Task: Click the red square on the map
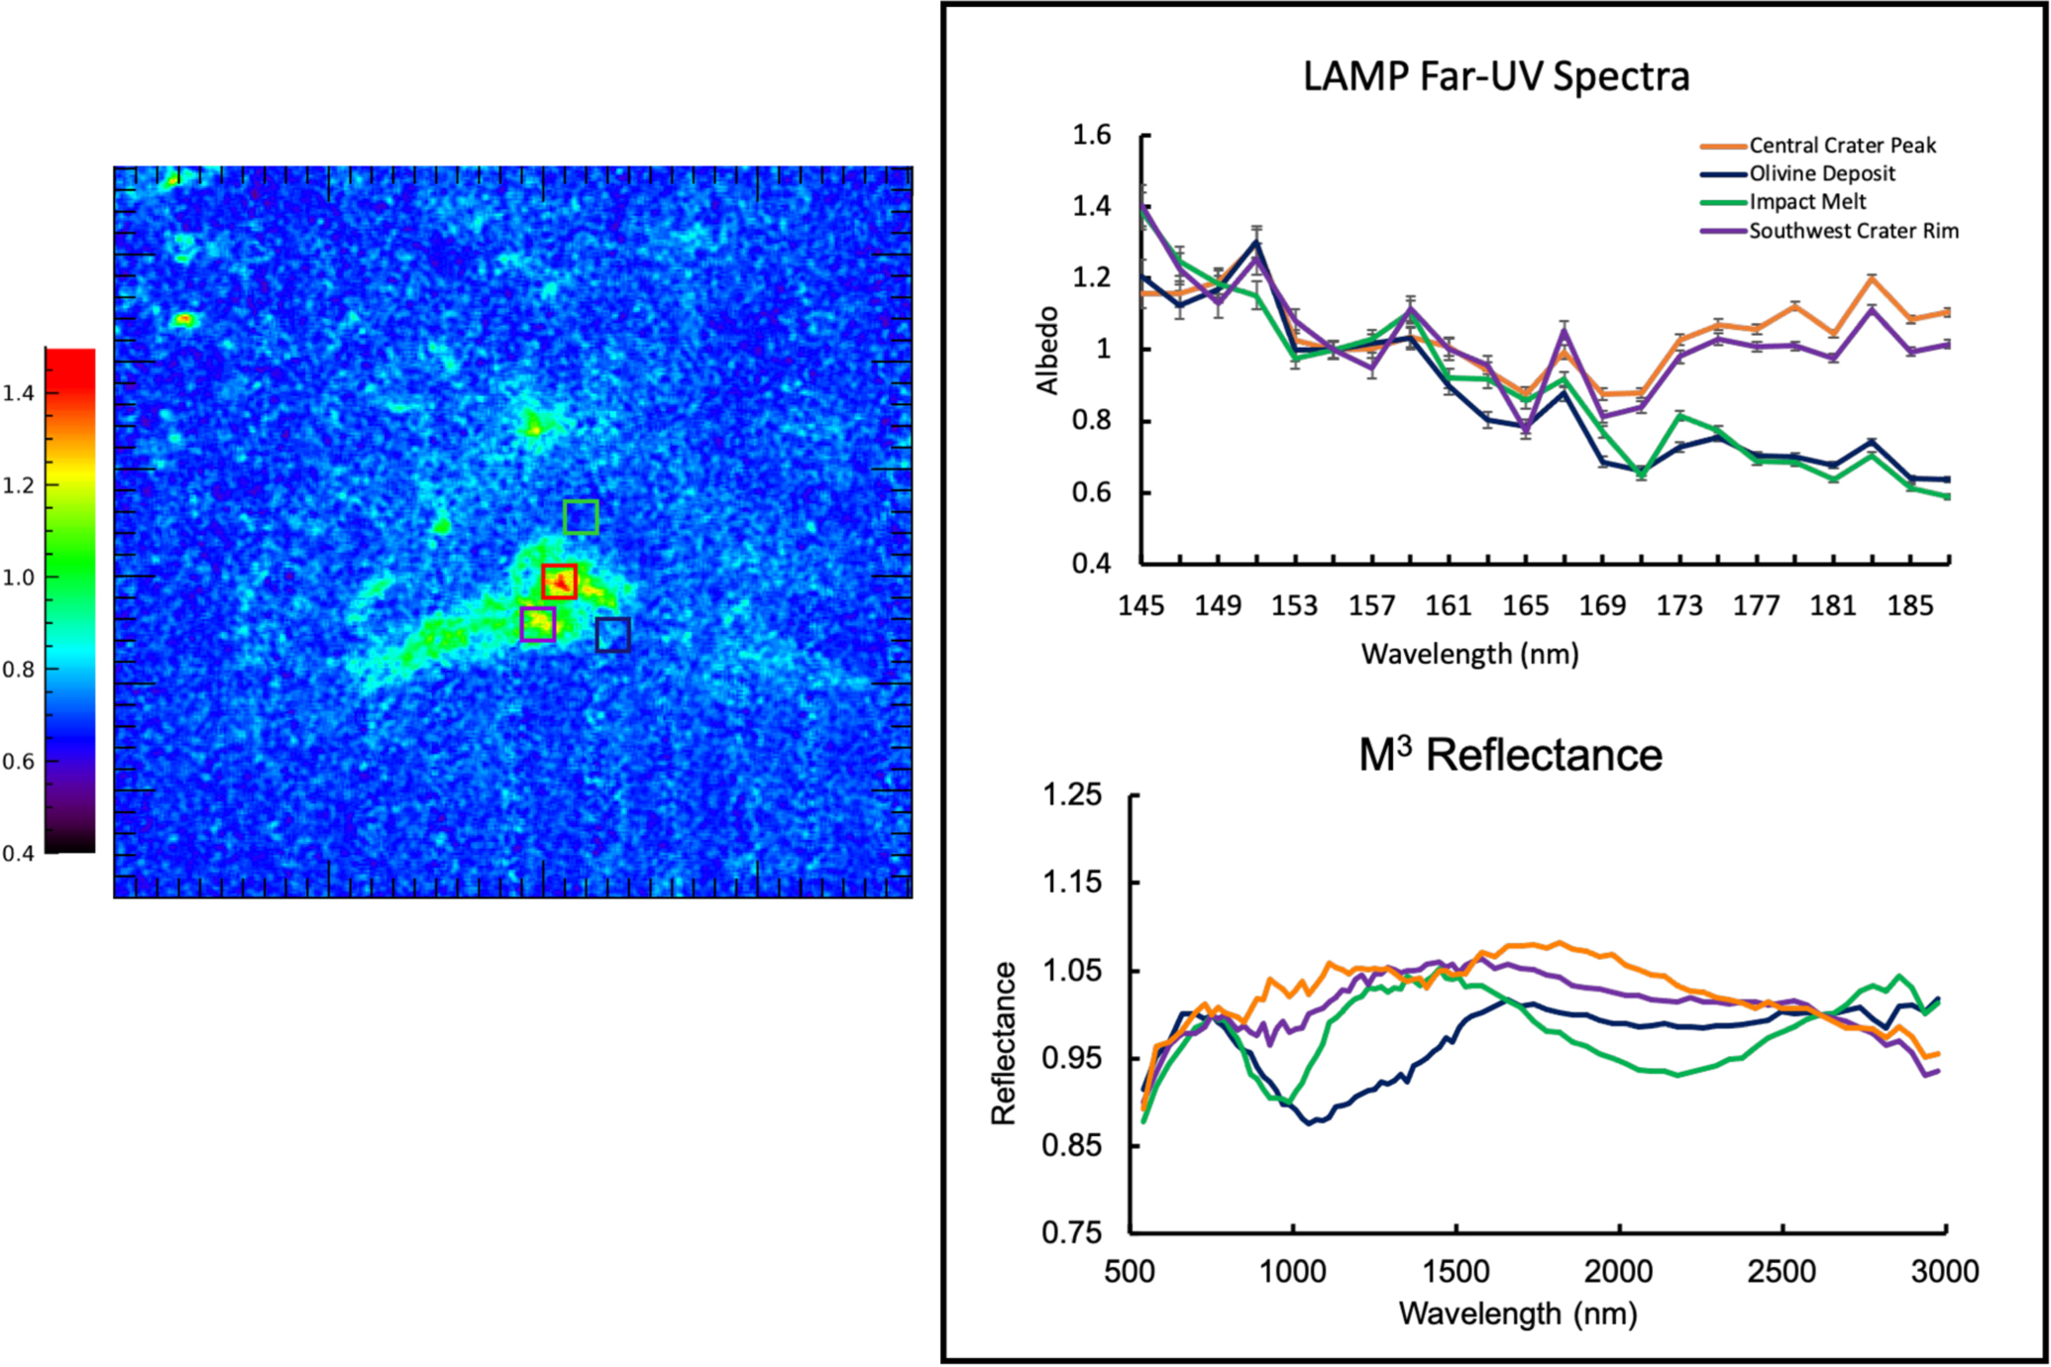click(x=559, y=581)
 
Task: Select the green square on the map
click(x=581, y=516)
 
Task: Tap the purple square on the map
click(x=537, y=624)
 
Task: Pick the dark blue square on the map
click(x=613, y=634)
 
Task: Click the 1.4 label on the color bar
click(x=18, y=393)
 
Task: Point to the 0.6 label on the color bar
click(x=18, y=762)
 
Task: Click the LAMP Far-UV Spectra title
click(x=1495, y=76)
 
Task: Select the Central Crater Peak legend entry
click(x=1841, y=146)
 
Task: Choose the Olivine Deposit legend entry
click(x=1821, y=173)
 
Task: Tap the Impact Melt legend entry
click(x=1806, y=202)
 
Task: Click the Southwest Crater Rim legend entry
click(x=1853, y=231)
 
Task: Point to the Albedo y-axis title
click(x=1047, y=350)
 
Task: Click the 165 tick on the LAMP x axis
click(x=1525, y=605)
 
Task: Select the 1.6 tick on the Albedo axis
click(x=1092, y=135)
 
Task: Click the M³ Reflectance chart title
click(x=1509, y=756)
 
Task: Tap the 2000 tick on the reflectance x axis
click(x=1619, y=1271)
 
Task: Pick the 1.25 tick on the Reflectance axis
click(x=1071, y=794)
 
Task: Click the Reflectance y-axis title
click(x=1004, y=1043)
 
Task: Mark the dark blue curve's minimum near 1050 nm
click(x=1310, y=1123)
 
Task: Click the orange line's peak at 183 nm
click(x=1872, y=277)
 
